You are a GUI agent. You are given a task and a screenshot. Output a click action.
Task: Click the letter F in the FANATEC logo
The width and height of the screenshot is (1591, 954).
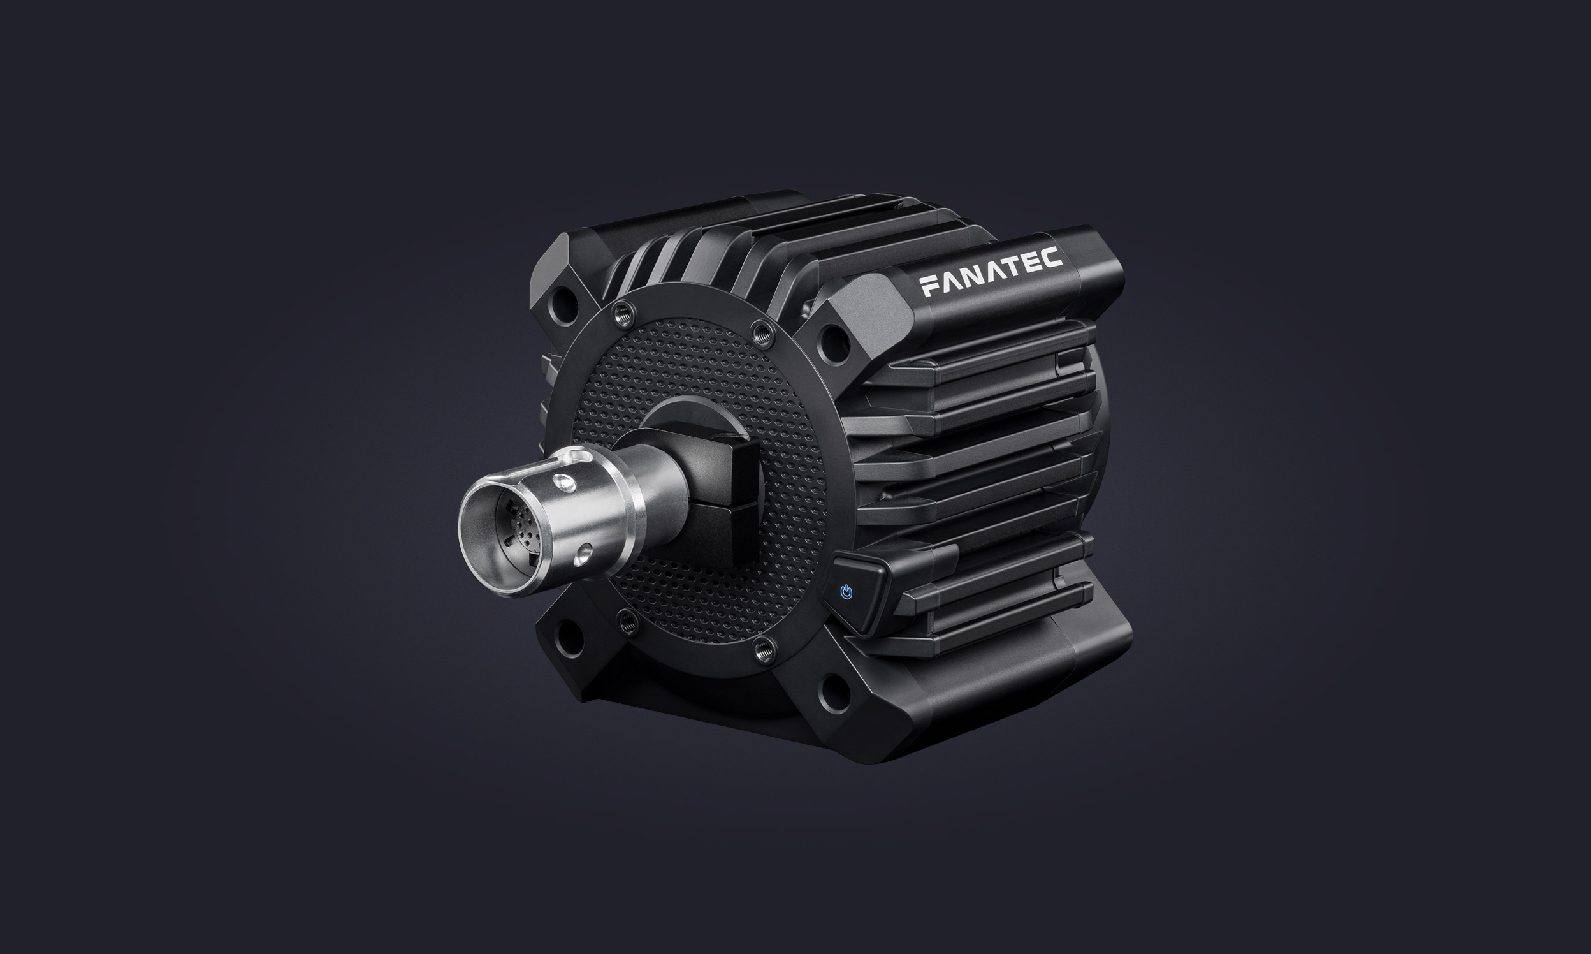tap(930, 286)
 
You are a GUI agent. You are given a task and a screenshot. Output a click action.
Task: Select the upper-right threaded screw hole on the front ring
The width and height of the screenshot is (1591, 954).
tap(762, 332)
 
